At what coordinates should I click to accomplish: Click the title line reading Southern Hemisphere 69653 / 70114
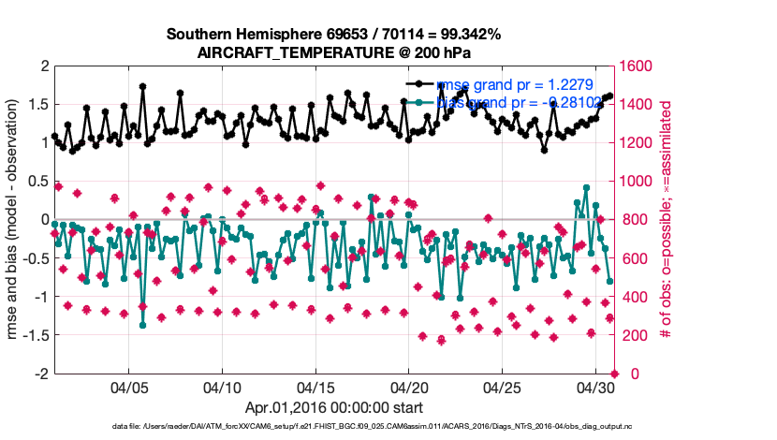(x=334, y=35)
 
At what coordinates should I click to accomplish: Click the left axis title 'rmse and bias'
(x=13, y=220)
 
